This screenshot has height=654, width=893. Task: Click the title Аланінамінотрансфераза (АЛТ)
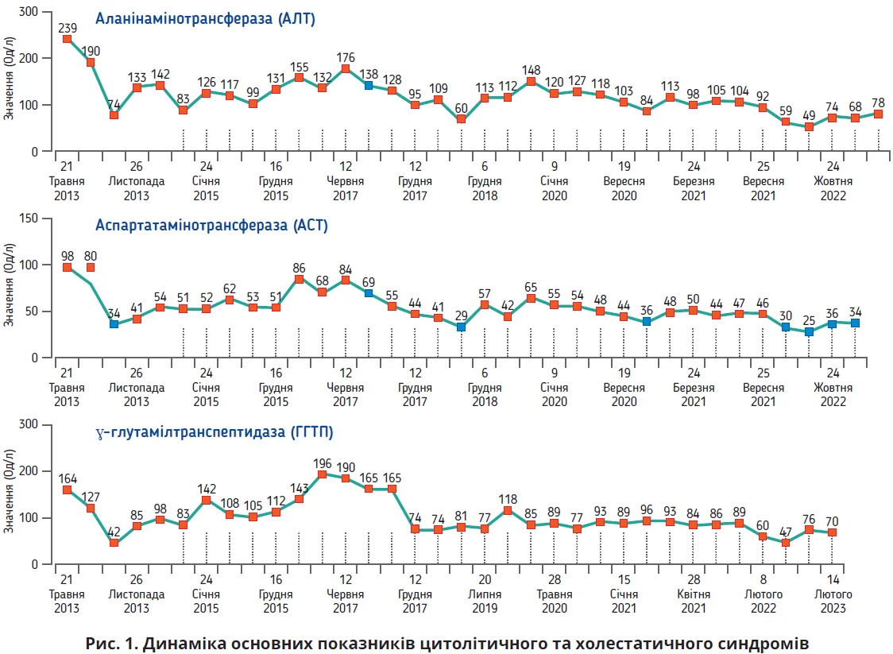205,20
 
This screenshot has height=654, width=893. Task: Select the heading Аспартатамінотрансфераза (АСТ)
211,226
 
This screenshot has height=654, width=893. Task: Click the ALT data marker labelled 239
68,39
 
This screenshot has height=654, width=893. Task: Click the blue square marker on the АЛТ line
369,85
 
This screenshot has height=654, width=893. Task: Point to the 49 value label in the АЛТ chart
809,114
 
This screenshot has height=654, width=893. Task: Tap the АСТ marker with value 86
299,279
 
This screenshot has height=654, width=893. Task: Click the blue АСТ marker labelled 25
809,331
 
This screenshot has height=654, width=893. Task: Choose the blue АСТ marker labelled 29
461,327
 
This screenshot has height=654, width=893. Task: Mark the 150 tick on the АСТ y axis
30,219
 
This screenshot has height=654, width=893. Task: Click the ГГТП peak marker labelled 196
323,474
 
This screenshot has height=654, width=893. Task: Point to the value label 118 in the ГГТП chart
508,497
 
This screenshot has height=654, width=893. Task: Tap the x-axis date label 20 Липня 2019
485,594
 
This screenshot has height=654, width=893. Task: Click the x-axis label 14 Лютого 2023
833,594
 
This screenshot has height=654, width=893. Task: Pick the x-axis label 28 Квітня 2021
693,594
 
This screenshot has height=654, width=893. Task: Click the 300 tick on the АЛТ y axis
30,13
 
